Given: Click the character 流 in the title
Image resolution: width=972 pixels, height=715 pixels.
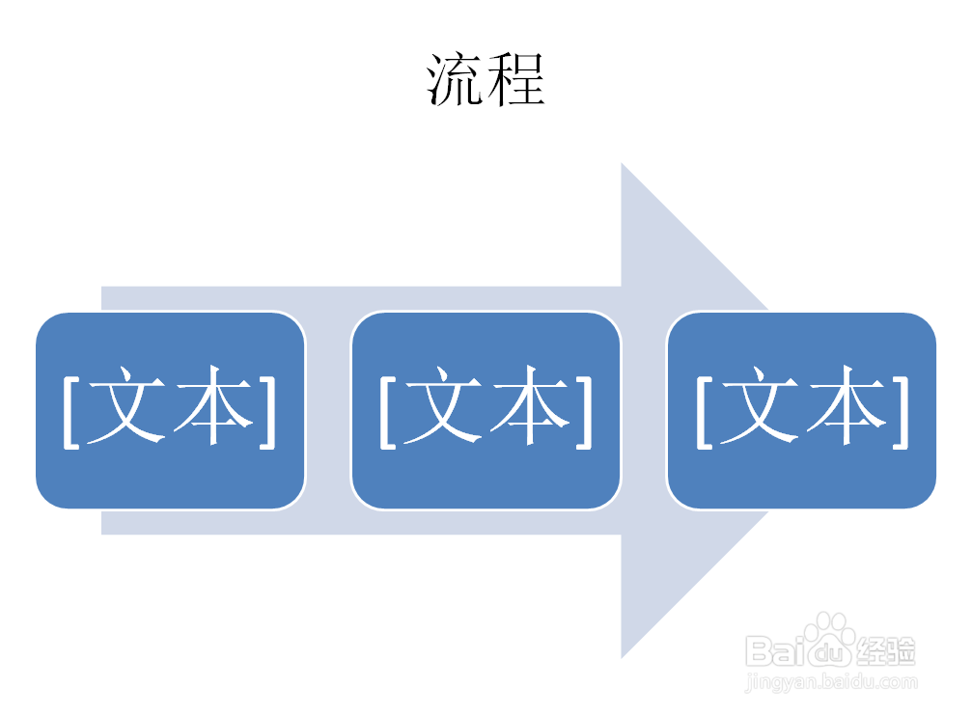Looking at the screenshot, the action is point(456,79).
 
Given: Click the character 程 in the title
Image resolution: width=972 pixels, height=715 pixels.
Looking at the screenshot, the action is point(516,79).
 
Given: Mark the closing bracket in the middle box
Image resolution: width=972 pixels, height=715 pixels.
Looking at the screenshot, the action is point(585,410).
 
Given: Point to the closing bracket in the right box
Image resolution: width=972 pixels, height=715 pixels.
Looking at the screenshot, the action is point(901,410).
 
